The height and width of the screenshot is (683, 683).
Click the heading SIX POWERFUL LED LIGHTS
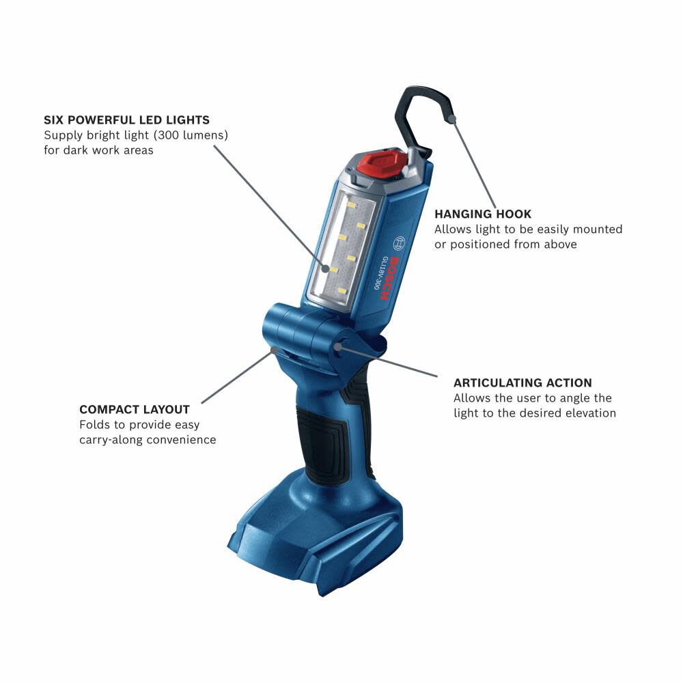tap(126, 120)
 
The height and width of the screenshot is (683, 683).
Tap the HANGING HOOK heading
tap(482, 214)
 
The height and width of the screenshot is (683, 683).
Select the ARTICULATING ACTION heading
tap(522, 382)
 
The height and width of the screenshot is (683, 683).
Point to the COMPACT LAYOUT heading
tap(135, 410)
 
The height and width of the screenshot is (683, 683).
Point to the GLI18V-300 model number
tap(377, 273)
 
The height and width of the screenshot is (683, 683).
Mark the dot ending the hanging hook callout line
tap(452, 120)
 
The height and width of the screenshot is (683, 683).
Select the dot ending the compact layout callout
tap(274, 349)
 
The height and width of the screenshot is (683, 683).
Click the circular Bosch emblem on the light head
tap(400, 243)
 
